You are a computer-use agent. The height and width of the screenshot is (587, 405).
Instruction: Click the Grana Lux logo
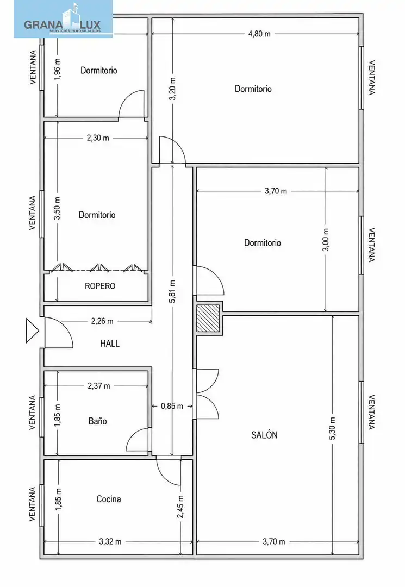[63, 19]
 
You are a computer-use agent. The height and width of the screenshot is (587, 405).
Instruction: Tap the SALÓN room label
[264, 435]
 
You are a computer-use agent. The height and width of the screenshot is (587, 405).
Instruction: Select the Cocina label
[109, 499]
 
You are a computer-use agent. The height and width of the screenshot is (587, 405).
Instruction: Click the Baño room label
[98, 421]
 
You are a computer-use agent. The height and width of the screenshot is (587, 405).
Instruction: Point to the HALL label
[110, 344]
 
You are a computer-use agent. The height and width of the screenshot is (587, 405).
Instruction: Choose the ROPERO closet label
[100, 286]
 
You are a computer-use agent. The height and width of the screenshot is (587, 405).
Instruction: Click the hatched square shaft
[208, 318]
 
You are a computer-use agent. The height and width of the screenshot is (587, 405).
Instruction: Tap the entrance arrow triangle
[32, 330]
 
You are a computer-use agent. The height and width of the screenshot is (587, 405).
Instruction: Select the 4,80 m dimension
[259, 34]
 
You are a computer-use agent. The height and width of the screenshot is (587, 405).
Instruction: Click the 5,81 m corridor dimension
[172, 291]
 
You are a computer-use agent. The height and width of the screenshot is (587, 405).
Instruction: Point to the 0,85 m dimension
[172, 406]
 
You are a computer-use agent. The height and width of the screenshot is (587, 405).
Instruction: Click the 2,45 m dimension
[180, 507]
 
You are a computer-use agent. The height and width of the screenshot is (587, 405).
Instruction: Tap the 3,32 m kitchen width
[110, 542]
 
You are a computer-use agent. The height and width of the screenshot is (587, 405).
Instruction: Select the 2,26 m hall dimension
[102, 321]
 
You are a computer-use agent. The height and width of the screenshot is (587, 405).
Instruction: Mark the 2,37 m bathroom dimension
[99, 386]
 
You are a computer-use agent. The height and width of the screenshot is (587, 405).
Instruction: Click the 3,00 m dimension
[326, 240]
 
